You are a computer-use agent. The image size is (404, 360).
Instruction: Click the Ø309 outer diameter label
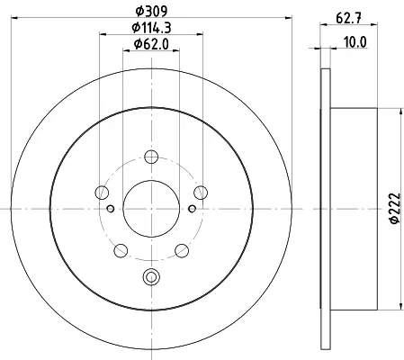coord(151,11)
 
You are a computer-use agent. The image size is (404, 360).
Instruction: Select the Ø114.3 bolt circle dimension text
coord(151,28)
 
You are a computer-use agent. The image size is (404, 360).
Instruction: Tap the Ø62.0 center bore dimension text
coord(151,44)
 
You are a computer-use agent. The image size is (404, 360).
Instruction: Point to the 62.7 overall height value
coord(348,18)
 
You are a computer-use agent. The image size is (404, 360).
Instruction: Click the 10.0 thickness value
coord(355,42)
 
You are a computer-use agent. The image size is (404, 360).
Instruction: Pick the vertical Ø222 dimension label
coord(395,208)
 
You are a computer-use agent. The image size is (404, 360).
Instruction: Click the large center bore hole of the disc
coord(151,209)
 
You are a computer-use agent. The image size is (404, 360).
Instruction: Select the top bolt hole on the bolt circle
coord(151,157)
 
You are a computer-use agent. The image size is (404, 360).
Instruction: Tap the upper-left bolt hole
coord(102,193)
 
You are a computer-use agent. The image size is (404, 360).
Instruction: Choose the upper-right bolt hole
coord(201,193)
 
